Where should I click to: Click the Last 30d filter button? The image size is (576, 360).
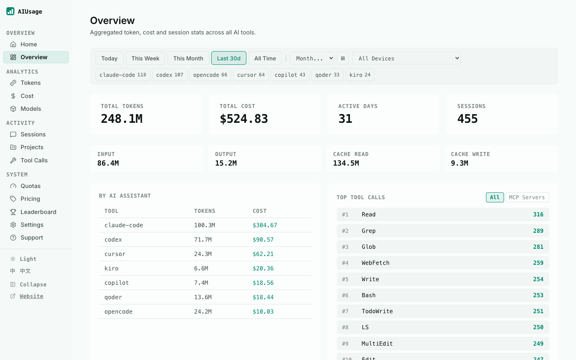point(229,58)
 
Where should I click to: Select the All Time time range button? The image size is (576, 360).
point(265,58)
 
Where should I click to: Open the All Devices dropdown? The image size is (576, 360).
point(406,58)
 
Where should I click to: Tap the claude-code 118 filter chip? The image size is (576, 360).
point(123,75)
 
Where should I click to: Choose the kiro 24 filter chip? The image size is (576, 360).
point(360,75)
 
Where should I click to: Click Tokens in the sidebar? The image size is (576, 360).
point(30,83)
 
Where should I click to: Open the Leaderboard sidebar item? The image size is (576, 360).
point(38,212)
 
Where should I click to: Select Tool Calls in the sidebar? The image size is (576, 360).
point(34,160)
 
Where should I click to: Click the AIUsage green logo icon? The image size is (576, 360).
point(10,11)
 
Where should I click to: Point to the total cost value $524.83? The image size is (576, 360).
point(244,119)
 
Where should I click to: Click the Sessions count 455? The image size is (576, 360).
point(468,119)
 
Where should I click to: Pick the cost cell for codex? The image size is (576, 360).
point(263,240)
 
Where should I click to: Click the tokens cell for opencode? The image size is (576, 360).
point(203,312)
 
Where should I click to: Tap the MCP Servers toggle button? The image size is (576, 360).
point(527,197)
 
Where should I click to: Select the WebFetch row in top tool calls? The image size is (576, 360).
point(443,263)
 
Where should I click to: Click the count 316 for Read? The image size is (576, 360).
point(538,214)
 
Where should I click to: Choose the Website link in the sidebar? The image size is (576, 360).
point(31,296)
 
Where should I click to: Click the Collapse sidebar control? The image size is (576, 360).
point(33,284)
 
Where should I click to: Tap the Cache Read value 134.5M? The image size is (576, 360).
point(346,163)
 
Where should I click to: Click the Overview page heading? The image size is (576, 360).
point(112,20)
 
